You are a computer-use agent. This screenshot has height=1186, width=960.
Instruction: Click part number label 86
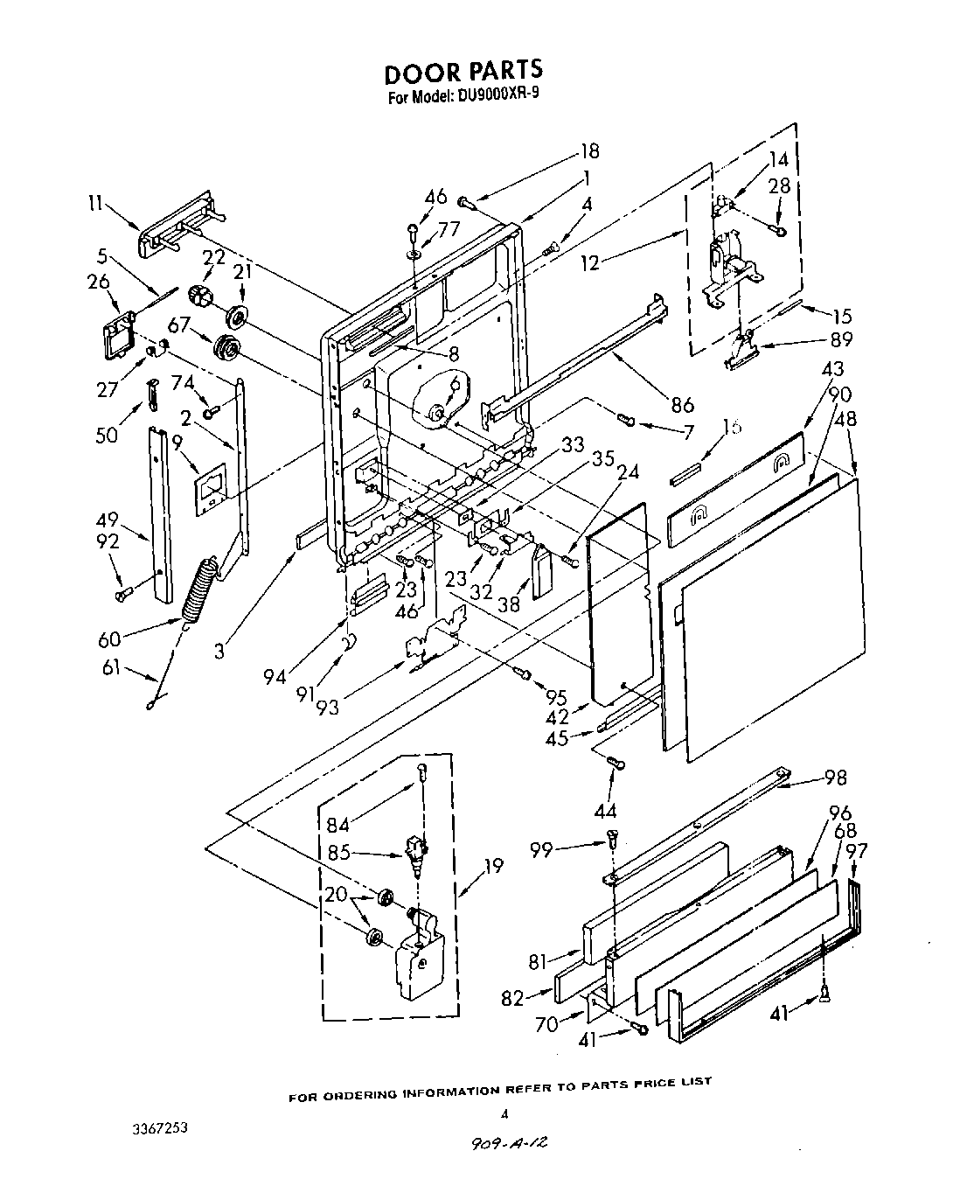682,404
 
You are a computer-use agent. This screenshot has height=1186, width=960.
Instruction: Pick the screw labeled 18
465,202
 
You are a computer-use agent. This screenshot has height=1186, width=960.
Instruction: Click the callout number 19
493,866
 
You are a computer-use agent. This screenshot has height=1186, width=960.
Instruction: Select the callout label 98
835,778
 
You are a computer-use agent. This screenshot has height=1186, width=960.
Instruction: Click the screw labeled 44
618,764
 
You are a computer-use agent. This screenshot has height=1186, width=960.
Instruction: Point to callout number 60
109,640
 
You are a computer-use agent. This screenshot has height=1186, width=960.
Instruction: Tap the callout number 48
845,419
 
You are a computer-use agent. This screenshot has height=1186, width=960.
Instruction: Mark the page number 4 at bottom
504,1113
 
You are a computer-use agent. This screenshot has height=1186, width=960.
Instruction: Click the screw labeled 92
122,594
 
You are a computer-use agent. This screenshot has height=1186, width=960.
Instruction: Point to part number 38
509,603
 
